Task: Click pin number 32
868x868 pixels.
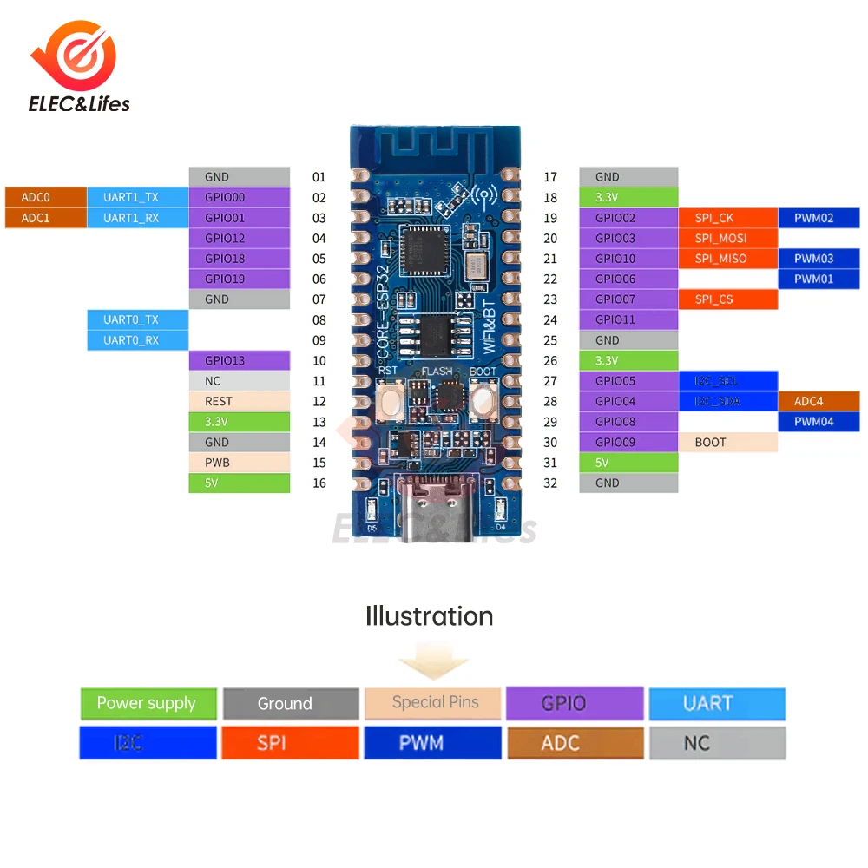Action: pos(550,483)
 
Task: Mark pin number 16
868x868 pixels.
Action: pos(319,483)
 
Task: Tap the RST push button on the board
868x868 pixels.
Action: pos(389,401)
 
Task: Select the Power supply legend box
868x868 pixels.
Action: pos(147,704)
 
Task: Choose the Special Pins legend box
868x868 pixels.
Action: pos(434,703)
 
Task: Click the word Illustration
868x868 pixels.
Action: pos(430,616)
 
